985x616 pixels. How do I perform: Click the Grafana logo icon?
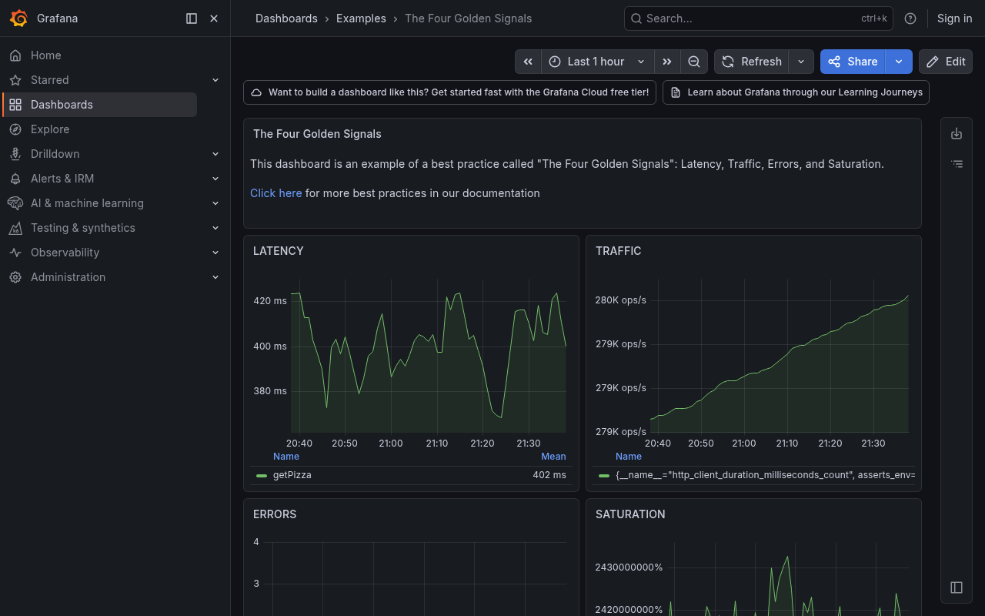(x=19, y=18)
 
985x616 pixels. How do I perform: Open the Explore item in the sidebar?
(x=50, y=129)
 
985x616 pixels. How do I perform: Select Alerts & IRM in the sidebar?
(x=62, y=179)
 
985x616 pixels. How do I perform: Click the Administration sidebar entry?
(x=68, y=277)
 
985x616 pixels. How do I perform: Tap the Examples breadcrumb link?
(x=361, y=18)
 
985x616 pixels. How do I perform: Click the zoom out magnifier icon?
(x=694, y=62)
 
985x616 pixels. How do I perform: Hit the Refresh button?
(x=752, y=62)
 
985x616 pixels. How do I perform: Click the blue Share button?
(x=853, y=62)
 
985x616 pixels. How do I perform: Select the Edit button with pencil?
(x=946, y=62)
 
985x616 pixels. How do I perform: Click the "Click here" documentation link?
(x=275, y=193)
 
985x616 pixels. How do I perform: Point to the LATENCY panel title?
(x=279, y=251)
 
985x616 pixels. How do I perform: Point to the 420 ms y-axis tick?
(x=270, y=301)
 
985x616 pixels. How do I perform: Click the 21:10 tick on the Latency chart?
(x=436, y=444)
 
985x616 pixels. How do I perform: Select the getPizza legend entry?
(x=292, y=475)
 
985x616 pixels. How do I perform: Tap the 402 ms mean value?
(x=549, y=475)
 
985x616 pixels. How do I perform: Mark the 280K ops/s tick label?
(x=620, y=300)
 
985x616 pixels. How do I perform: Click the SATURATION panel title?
(x=630, y=514)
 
